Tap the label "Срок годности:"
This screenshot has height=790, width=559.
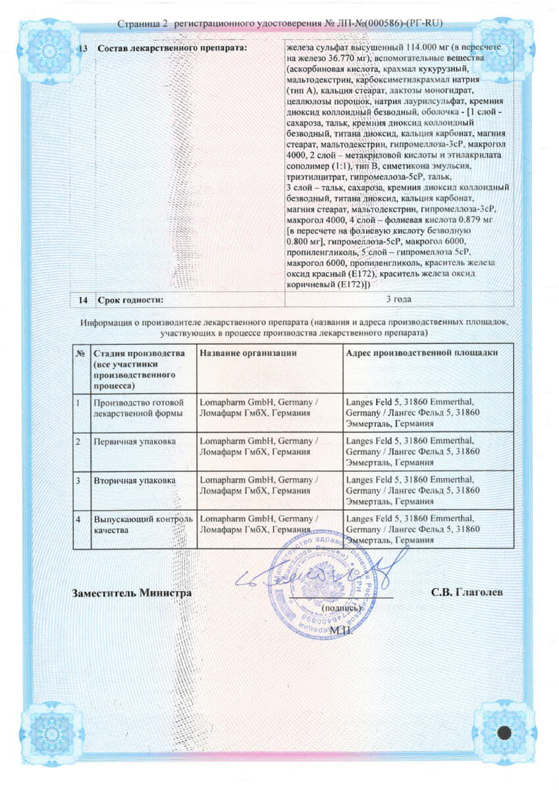tap(130, 300)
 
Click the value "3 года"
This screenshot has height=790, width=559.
tap(398, 300)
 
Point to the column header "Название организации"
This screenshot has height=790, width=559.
tap(248, 354)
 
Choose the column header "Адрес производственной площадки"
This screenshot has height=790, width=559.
tap(421, 354)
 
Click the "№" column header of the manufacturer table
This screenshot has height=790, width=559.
tap(80, 354)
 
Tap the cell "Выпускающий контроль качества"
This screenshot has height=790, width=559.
tap(142, 524)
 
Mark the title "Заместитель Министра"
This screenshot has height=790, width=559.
tap(132, 592)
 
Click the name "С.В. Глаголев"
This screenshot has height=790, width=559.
tap(467, 592)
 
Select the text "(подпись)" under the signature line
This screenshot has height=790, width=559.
tap(341, 609)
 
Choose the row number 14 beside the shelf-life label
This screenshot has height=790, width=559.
tap(82, 300)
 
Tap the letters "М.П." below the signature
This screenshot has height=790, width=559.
tap(342, 630)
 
